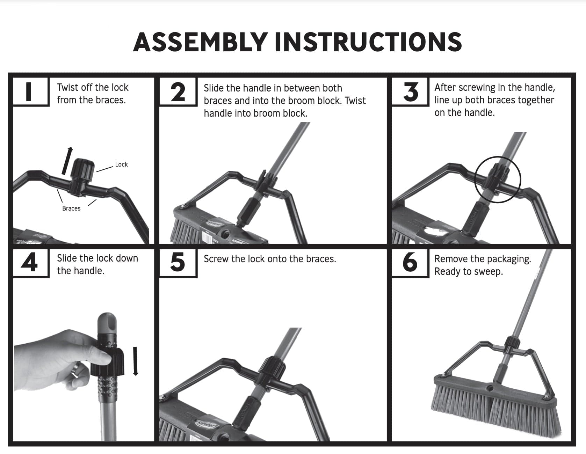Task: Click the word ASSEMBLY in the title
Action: pyautogui.click(x=201, y=42)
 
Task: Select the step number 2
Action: pyautogui.click(x=178, y=91)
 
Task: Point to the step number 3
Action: pyautogui.click(x=410, y=91)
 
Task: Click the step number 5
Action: pyautogui.click(x=178, y=263)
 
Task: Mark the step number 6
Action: pyautogui.click(x=410, y=263)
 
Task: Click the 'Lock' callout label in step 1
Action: pyautogui.click(x=121, y=164)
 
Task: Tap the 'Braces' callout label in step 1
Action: pyautogui.click(x=71, y=208)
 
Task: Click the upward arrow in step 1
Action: pyautogui.click(x=67, y=161)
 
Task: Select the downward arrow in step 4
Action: pyautogui.click(x=136, y=361)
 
